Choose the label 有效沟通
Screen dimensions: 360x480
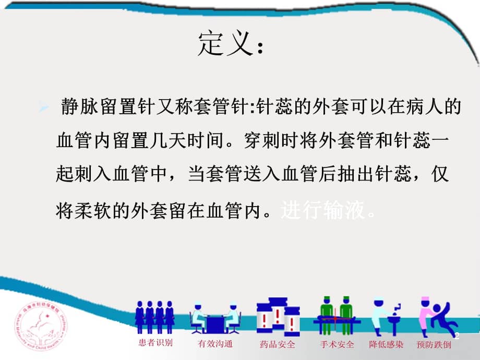pyautogui.click(x=215, y=344)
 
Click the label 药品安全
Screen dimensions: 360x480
pyautogui.click(x=277, y=344)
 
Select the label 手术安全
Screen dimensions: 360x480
pyautogui.click(x=337, y=344)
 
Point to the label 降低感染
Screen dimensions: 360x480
pyautogui.click(x=386, y=344)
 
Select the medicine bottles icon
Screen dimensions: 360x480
pyautogui.click(x=277, y=315)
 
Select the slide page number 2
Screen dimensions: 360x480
pyautogui.click(x=457, y=336)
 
